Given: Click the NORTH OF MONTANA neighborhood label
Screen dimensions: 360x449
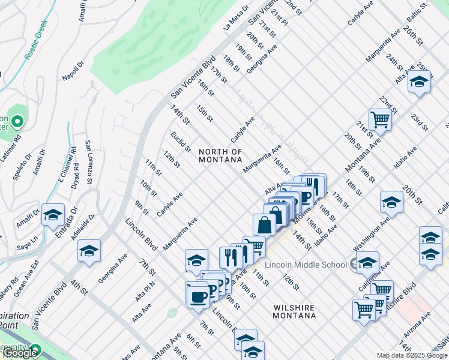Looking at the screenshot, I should click(220, 156).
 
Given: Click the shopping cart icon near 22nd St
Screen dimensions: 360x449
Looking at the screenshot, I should click(380, 119).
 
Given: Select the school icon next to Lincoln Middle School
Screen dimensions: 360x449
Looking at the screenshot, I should click(367, 262).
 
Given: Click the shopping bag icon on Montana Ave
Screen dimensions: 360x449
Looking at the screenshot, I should click(264, 224).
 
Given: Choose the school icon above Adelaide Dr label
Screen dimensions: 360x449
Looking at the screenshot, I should click(89, 250).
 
